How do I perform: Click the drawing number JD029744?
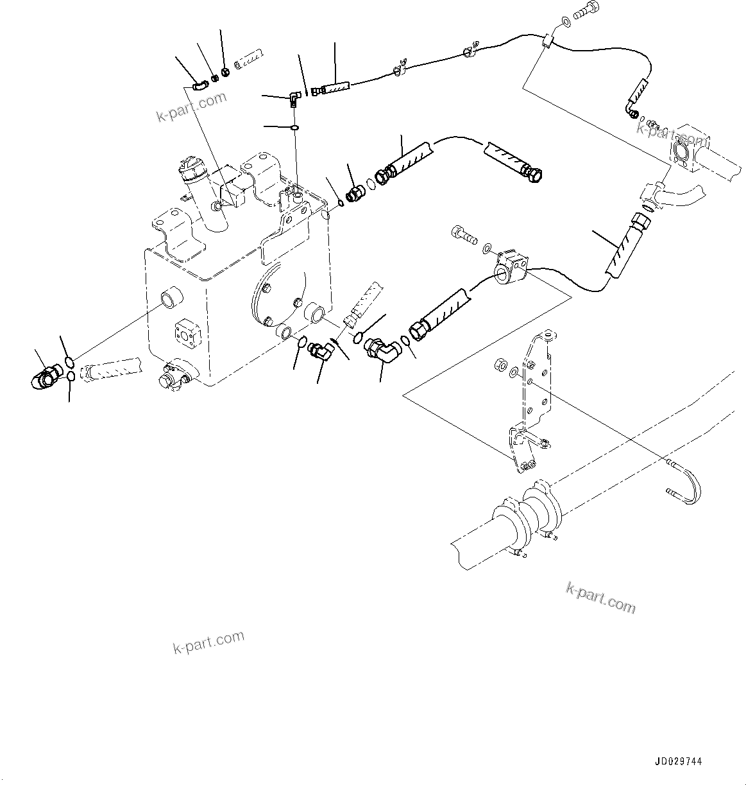679,761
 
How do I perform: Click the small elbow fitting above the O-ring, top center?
293,98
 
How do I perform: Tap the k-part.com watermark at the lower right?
600,598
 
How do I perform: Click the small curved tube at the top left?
200,83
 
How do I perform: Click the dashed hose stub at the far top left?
248,62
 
